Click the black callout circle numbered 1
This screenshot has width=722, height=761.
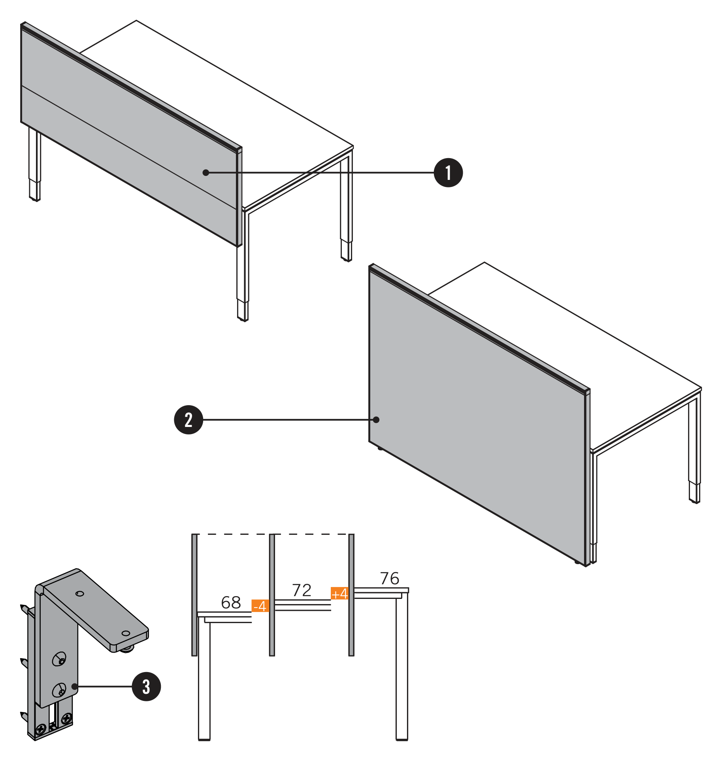tap(448, 173)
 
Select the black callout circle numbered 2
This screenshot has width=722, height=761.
tap(189, 420)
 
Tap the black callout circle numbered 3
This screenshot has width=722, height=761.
tap(146, 687)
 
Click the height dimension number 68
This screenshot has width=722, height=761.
tap(231, 602)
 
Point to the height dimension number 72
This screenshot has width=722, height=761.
tap(302, 590)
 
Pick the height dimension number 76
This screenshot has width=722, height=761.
tap(390, 578)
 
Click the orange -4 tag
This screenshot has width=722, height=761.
tap(260, 606)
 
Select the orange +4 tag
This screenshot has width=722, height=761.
tap(339, 593)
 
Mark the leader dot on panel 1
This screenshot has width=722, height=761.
tap(206, 173)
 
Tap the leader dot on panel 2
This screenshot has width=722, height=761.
tap(376, 420)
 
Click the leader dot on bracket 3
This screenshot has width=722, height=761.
tap(75, 687)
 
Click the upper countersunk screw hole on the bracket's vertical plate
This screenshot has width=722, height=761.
tap(59, 659)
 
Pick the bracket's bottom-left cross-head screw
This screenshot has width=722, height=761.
tap(41, 728)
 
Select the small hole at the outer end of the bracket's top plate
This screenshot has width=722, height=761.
tap(126, 633)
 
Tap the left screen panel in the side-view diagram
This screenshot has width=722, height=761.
tap(194, 595)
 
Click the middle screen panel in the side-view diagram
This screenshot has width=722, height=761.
tap(272, 595)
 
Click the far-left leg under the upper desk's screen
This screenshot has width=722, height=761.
tap(35, 164)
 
